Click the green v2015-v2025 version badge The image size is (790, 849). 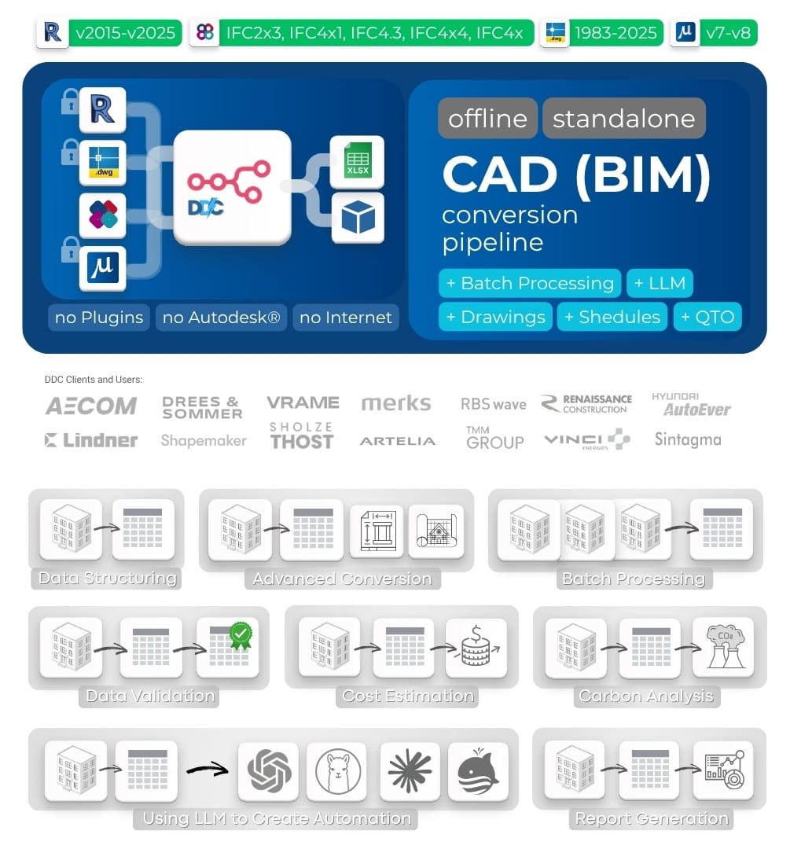pos(126,33)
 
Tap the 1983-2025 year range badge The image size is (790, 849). pos(615,33)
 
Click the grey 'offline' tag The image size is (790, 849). pos(487,119)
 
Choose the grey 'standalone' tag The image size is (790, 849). pos(624,119)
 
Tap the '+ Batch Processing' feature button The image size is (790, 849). pos(530,283)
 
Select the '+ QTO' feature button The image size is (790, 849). pos(707,317)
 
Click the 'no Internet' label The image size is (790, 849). pos(346,318)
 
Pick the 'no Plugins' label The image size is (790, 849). pos(99,318)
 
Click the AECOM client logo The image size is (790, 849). pos(91,406)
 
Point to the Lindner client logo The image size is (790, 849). pos(91,440)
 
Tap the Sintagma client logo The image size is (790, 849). pos(687,439)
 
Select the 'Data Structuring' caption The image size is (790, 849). pos(107,579)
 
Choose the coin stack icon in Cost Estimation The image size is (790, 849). pos(476,648)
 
